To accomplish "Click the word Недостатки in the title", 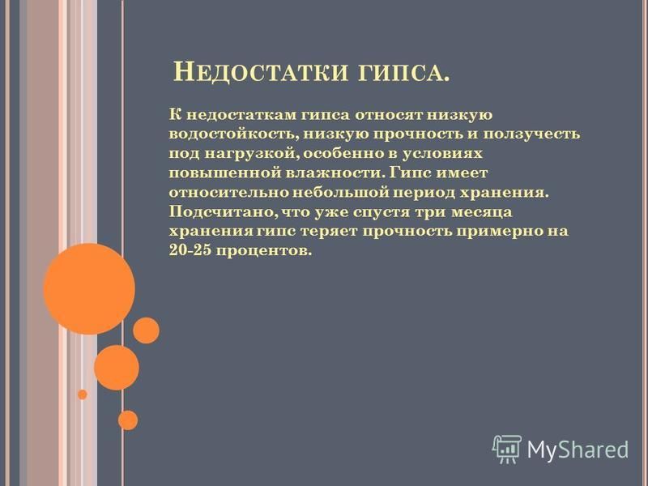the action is pos(260,72).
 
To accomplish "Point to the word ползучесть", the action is pos(532,134).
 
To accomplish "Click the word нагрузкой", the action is pos(252,154).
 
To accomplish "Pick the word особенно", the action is pos(343,153).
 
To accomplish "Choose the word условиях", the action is pos(442,154).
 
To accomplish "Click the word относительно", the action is pos(229,193).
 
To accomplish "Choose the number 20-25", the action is pos(190,250).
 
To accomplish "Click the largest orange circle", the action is pos(89,289).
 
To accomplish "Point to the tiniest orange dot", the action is pos(83,394).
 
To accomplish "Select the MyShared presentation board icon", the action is pos(507,449).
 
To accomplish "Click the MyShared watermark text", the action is pos(578,449).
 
